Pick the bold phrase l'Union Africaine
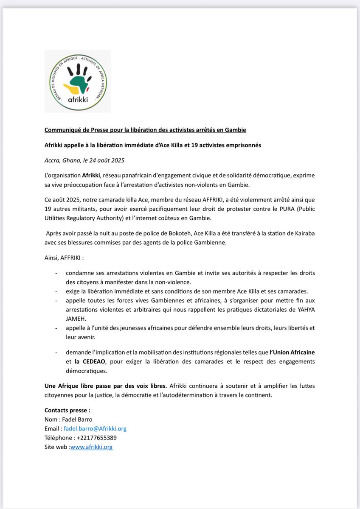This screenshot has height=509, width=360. click(x=292, y=352)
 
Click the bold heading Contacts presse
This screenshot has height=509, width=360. click(x=67, y=410)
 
